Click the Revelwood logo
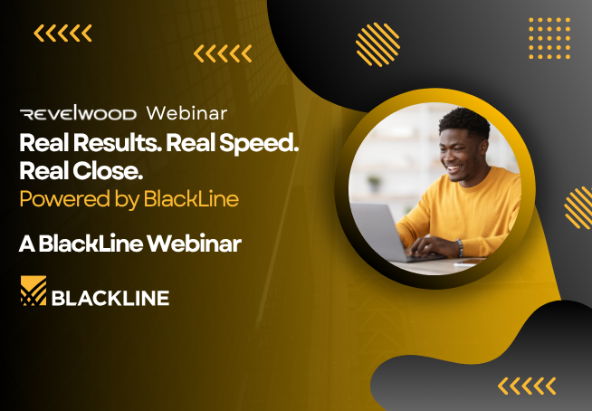pos(78,112)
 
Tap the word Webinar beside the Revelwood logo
pos(186,113)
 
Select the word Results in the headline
pos(118,143)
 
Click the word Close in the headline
pos(107,171)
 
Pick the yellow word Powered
pos(64,199)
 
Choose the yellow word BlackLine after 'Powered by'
pos(191,198)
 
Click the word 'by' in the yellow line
pos(127,200)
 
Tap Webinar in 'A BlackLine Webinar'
pos(194,244)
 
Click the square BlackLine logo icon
pos(33,291)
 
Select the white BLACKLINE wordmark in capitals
pos(110,298)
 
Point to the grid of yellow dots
pos(549,38)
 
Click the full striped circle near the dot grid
pos(377,44)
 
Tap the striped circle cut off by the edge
pos(578,208)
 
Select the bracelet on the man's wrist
pos(460,248)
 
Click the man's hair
pos(465,122)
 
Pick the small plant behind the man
pos(375,184)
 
